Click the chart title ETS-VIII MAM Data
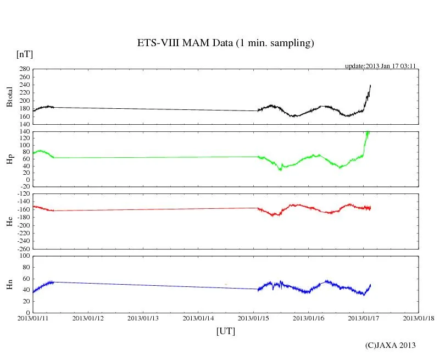tap(225, 43)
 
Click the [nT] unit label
tap(24, 54)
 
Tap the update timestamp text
tap(380, 66)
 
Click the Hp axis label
tap(9, 158)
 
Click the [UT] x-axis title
tap(226, 331)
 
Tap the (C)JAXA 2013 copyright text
tap(391, 345)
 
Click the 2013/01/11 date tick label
tap(33, 318)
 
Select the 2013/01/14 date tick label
tap(198, 318)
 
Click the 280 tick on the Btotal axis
tap(24, 69)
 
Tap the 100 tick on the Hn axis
tap(24, 256)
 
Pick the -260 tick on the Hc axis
tap(22, 249)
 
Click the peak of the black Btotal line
tap(370, 85)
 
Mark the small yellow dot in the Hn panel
tap(226, 284)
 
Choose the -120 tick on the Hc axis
tap(22, 195)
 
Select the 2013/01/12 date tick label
tap(88, 318)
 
